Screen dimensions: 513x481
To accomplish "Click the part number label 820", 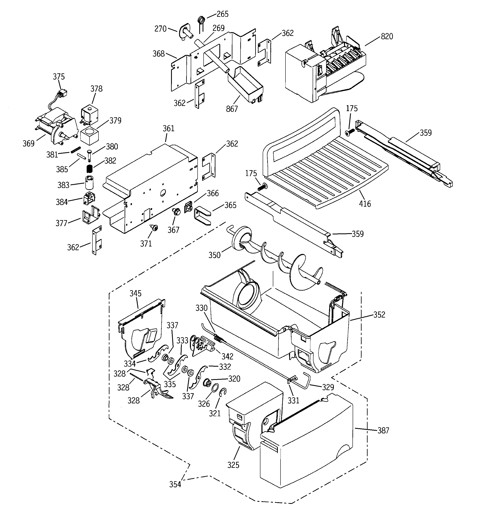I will (x=386, y=37).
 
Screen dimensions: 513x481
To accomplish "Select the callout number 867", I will (x=232, y=109).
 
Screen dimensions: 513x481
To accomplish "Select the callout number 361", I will (x=168, y=128).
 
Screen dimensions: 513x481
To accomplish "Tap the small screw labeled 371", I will (x=155, y=228).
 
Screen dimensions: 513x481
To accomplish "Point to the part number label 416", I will (x=365, y=204).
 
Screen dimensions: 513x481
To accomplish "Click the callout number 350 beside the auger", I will (x=215, y=255).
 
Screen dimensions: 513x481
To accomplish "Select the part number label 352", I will (x=379, y=315).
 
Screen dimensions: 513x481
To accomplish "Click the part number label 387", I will (x=383, y=431).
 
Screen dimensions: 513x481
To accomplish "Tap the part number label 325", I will (x=233, y=465).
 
